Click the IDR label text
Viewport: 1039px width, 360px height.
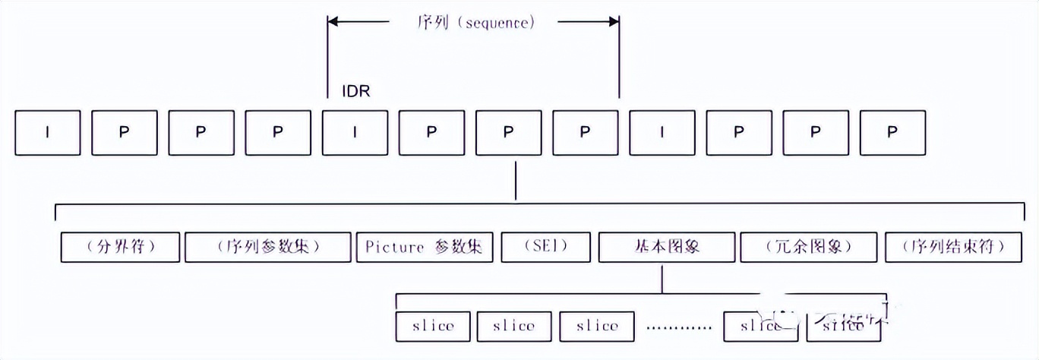[x=355, y=91]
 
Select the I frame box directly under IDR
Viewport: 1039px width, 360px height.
[x=354, y=132]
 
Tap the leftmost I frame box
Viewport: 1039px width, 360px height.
[x=48, y=132]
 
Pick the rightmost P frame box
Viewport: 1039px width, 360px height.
[x=892, y=132]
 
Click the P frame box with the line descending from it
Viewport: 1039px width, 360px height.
[x=508, y=132]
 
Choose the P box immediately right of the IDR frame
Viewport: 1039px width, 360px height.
[x=431, y=132]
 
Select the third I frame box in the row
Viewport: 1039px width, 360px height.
[x=662, y=132]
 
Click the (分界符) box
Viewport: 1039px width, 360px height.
[x=120, y=247]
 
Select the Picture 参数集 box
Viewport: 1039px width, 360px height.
[x=425, y=247]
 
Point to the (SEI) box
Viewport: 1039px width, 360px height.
[x=545, y=247]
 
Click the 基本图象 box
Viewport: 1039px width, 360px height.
[x=666, y=247]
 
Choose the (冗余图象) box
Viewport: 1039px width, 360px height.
[x=808, y=247]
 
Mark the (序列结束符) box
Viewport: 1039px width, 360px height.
[x=954, y=247]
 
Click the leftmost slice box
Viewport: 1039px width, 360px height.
[x=433, y=326]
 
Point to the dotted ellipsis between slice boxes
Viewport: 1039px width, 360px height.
[x=679, y=327]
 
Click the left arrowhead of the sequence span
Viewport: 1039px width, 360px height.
[x=334, y=22]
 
